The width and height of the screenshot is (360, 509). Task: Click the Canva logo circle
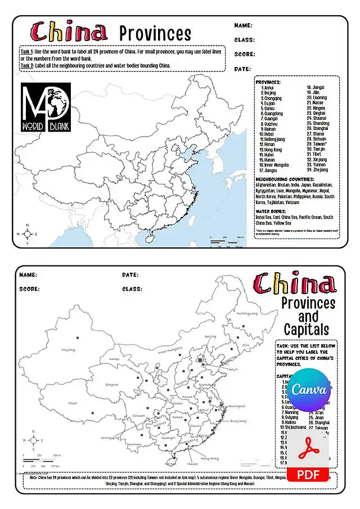(309, 390)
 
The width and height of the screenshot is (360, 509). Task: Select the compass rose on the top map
(27, 234)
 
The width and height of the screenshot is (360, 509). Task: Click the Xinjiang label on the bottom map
(68, 350)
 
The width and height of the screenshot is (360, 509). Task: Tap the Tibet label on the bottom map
(73, 403)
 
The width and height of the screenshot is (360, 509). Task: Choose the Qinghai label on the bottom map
(112, 384)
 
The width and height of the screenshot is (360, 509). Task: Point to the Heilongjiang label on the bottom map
(247, 313)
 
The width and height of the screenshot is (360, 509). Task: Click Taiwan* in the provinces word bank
(319, 144)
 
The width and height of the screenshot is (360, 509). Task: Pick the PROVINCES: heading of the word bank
(268, 82)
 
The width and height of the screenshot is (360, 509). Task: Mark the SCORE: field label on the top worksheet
(245, 55)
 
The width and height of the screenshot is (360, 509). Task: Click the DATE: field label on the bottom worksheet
(130, 275)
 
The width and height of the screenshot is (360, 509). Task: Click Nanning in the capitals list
(293, 412)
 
